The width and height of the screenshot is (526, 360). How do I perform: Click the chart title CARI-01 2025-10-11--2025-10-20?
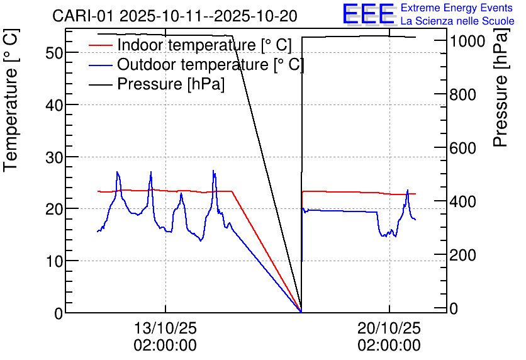pos(175,15)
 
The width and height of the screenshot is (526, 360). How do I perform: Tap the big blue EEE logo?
pos(368,14)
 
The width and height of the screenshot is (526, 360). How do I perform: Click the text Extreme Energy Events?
pos(457,8)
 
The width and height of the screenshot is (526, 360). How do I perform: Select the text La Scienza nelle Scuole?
pos(457,21)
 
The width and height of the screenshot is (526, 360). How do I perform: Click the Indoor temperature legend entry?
pos(204,45)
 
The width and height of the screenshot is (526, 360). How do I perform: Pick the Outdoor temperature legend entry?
pos(210,64)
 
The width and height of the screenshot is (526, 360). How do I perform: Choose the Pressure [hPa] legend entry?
pos(171,83)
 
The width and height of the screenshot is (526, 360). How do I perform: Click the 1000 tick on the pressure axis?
pos(467,41)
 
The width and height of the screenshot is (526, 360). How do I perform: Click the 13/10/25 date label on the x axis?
pos(165,328)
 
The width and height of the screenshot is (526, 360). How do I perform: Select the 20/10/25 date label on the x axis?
pos(389,328)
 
